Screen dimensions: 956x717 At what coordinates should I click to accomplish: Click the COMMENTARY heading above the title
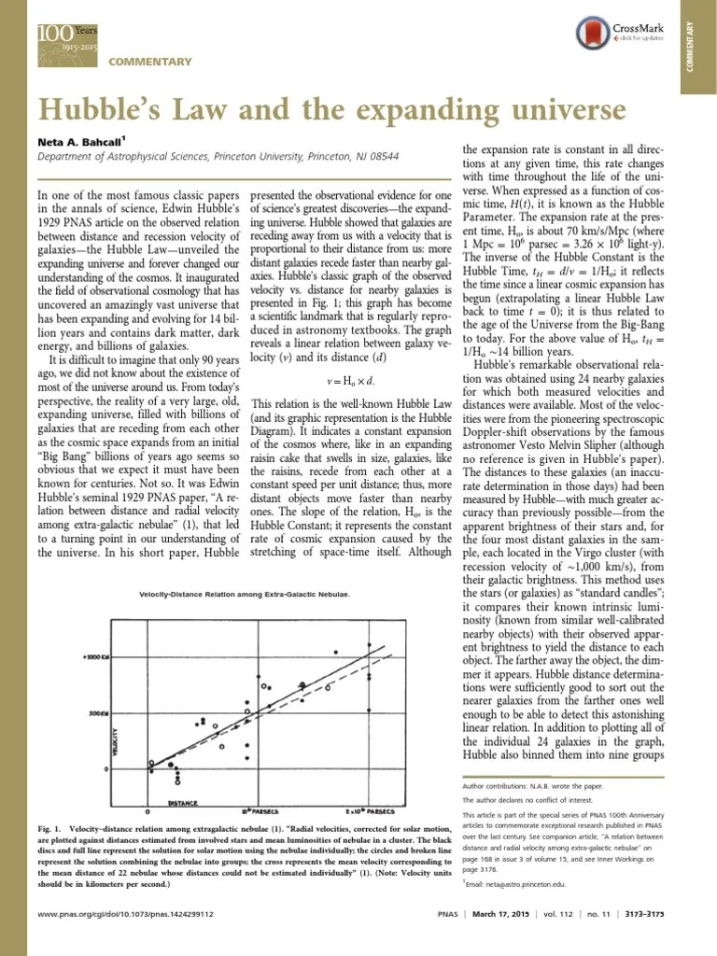pyautogui.click(x=150, y=62)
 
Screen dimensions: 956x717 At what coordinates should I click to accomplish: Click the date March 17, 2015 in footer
pyautogui.click(x=527, y=938)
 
